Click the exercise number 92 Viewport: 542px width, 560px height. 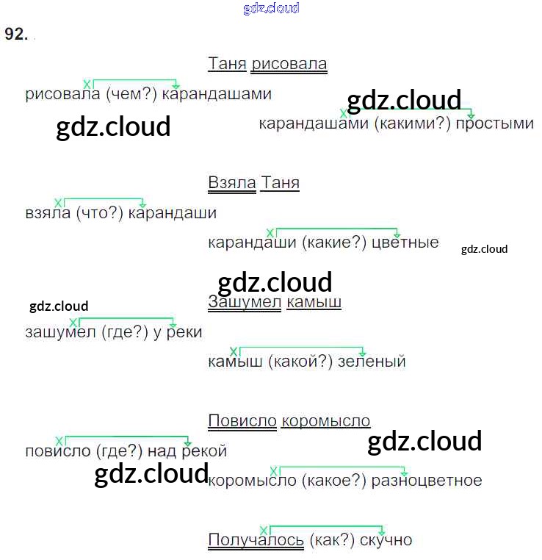[15, 35]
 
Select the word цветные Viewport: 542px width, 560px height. [405, 243]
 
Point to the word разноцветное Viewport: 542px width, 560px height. [427, 481]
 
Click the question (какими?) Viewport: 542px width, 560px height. [411, 123]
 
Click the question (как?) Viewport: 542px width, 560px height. [332, 541]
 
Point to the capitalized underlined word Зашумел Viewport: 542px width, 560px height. [245, 302]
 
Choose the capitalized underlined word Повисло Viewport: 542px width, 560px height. [242, 421]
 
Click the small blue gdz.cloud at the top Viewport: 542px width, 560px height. [271, 9]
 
